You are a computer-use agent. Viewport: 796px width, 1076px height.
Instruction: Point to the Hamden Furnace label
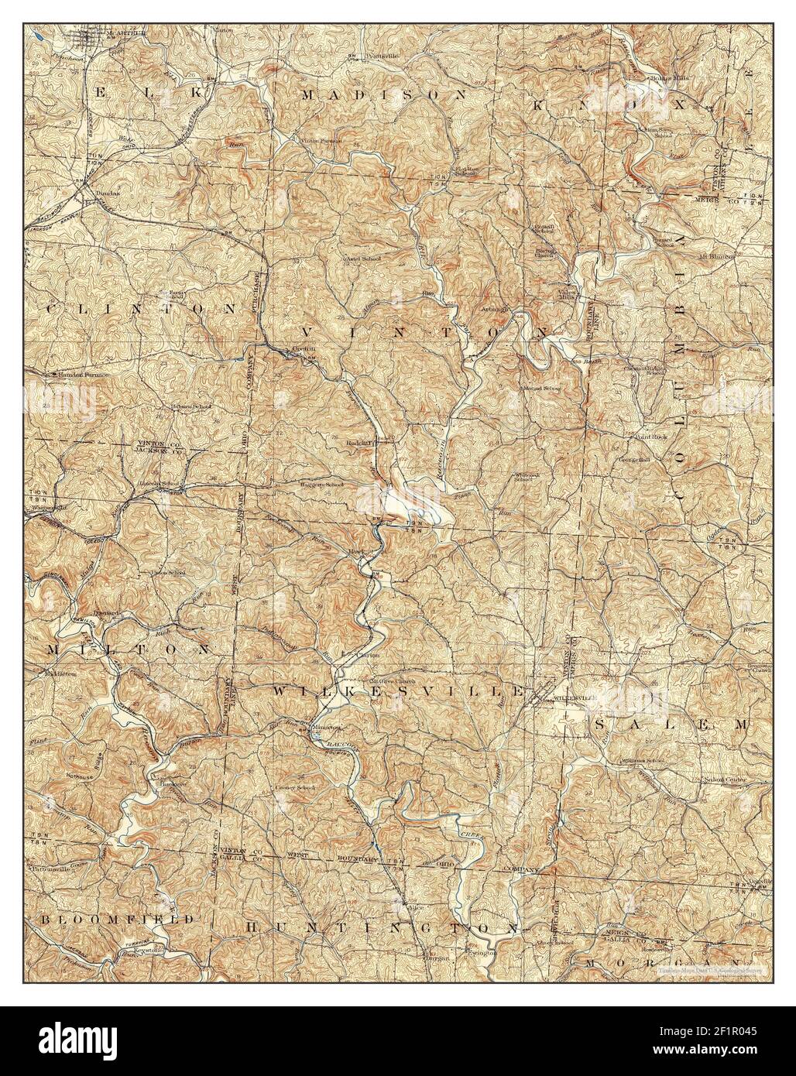[x=81, y=374]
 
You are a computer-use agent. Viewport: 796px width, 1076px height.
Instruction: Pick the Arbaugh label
[x=496, y=308]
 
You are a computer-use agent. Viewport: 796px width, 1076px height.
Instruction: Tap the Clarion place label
[x=366, y=653]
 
